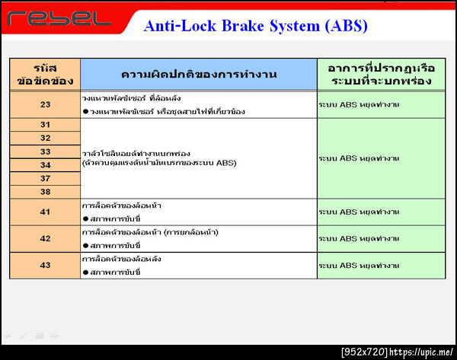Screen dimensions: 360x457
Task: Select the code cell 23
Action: pos(45,104)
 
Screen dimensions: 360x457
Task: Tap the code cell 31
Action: pos(45,124)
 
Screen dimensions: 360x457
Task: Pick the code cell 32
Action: pos(45,138)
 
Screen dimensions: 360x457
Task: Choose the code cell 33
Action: pos(45,151)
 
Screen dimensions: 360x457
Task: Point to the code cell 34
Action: pos(45,165)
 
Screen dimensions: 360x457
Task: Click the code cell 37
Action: pos(45,178)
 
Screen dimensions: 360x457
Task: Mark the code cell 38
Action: pos(45,192)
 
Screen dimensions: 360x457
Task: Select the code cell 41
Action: pos(45,212)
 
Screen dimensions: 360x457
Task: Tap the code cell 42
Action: pos(45,238)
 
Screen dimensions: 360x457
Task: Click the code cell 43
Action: pos(45,265)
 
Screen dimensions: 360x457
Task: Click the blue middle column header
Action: pos(198,74)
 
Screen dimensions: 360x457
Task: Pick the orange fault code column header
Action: pos(45,74)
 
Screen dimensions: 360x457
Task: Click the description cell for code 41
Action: pos(198,212)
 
